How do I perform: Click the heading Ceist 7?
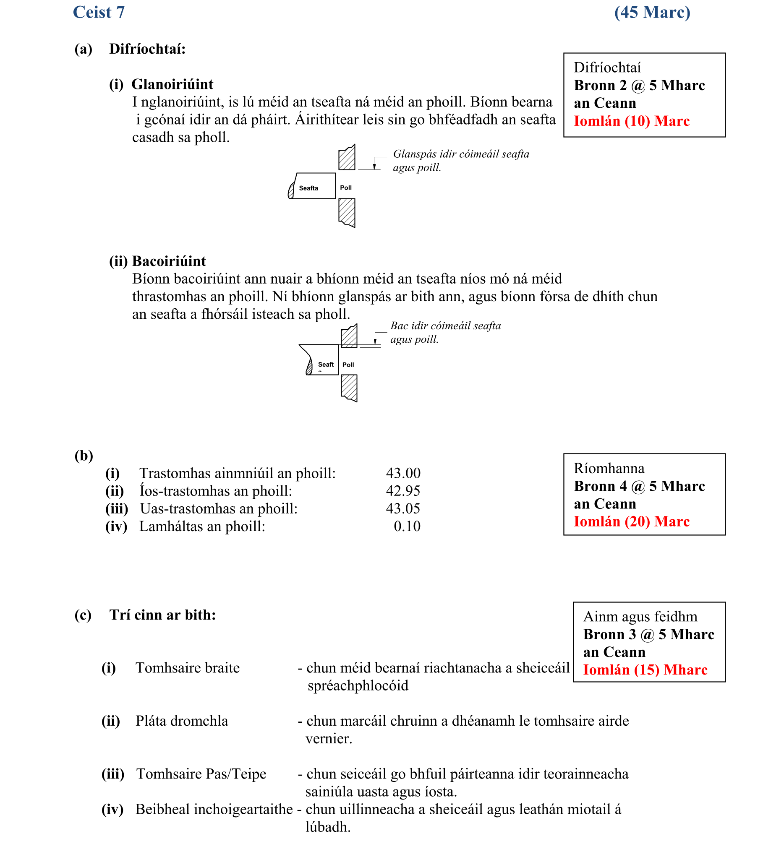pyautogui.click(x=99, y=12)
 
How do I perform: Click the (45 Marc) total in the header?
pyautogui.click(x=652, y=12)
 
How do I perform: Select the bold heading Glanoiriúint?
pyautogui.click(x=172, y=84)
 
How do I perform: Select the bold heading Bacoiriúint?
pyautogui.click(x=169, y=261)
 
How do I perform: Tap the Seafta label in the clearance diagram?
pyautogui.click(x=308, y=188)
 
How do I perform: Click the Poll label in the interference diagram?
pyautogui.click(x=348, y=365)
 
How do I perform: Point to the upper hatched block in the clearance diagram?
pyautogui.click(x=347, y=158)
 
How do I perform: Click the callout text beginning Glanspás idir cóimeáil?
pyautogui.click(x=460, y=160)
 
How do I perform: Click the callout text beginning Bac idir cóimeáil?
pyautogui.click(x=445, y=332)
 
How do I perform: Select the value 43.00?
pyautogui.click(x=403, y=473)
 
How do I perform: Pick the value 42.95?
pyautogui.click(x=403, y=491)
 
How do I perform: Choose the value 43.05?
pyautogui.click(x=403, y=508)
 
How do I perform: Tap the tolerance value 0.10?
pyautogui.click(x=407, y=526)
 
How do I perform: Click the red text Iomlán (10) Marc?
pyautogui.click(x=631, y=121)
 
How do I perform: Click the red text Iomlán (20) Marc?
pyautogui.click(x=631, y=521)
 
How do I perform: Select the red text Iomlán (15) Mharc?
pyautogui.click(x=645, y=669)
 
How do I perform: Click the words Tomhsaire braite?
pyautogui.click(x=188, y=668)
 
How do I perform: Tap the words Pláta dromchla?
pyautogui.click(x=182, y=721)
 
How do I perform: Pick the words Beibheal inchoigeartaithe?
pyautogui.click(x=214, y=809)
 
